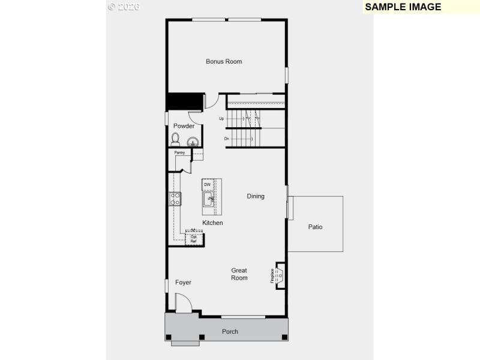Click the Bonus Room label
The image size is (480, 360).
point(224,61)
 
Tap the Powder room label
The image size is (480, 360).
point(184,126)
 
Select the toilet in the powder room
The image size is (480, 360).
point(175,140)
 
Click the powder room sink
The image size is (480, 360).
point(193,142)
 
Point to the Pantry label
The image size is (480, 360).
point(179,153)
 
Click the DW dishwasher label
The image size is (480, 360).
point(207,184)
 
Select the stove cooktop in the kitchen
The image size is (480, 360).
point(175,199)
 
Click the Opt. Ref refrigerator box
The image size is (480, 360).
point(194,239)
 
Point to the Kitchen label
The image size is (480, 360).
point(212,223)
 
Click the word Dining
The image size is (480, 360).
point(256,196)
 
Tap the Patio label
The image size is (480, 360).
point(315,227)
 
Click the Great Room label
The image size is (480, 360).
point(239,274)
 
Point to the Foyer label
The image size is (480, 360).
point(183,282)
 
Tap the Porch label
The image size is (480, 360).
point(230,331)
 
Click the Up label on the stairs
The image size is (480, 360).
point(221,118)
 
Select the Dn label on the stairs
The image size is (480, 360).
point(227,139)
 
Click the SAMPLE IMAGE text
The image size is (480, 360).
point(403,7)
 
